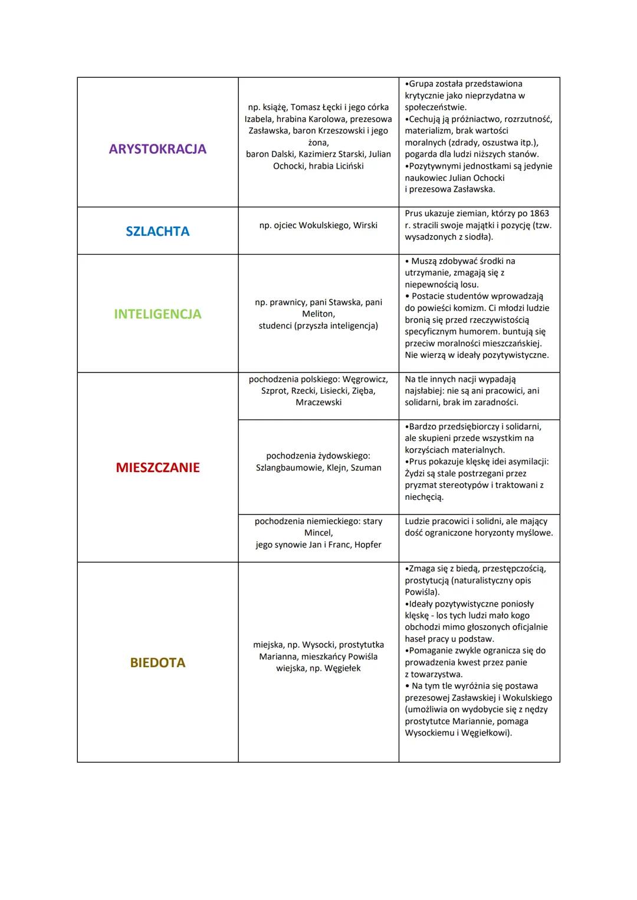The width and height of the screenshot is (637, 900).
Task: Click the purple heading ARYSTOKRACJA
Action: point(157,149)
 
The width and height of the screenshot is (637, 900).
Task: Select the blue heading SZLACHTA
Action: point(157,231)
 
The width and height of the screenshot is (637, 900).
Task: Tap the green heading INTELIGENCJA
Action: point(157,314)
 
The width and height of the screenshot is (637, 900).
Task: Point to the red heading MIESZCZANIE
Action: point(157,467)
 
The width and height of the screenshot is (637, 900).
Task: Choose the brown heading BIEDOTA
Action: point(157,662)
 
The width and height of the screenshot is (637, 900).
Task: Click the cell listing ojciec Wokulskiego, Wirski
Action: point(318,225)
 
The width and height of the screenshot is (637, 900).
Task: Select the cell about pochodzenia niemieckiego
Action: point(318,533)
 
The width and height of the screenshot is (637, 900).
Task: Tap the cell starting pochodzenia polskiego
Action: point(318,391)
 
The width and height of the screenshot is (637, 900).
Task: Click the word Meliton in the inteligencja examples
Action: point(318,314)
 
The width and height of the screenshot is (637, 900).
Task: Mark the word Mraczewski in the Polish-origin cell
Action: point(318,403)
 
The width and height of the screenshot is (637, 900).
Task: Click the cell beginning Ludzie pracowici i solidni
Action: point(478,527)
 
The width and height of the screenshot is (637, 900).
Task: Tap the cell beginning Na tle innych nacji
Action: point(478,391)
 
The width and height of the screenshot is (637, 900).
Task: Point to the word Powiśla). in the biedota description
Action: point(422,592)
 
